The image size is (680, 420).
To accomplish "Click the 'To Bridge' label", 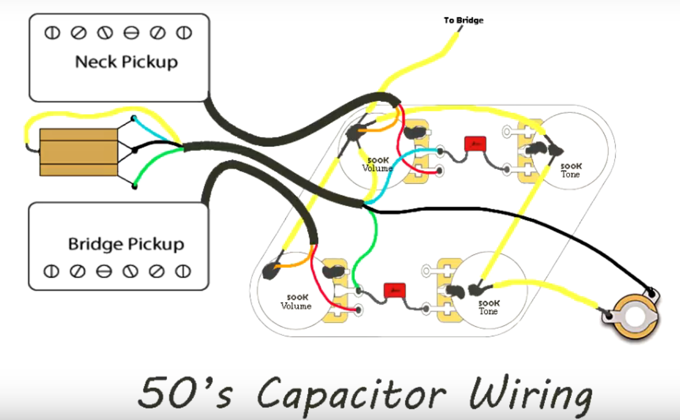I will click(463, 21).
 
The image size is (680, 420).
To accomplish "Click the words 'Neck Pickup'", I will click(127, 62).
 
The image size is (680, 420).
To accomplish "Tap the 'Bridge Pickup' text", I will click(126, 244).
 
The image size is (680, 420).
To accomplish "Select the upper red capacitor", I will click(475, 144).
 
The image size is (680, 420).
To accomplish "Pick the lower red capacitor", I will click(395, 290).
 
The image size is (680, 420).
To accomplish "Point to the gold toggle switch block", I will click(78, 152).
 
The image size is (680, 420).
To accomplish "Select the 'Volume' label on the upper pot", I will click(377, 168).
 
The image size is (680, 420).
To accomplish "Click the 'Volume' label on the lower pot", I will click(296, 306).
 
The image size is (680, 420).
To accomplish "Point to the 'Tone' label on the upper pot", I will click(570, 174).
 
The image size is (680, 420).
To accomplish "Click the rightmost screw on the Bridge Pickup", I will click(183, 272).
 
